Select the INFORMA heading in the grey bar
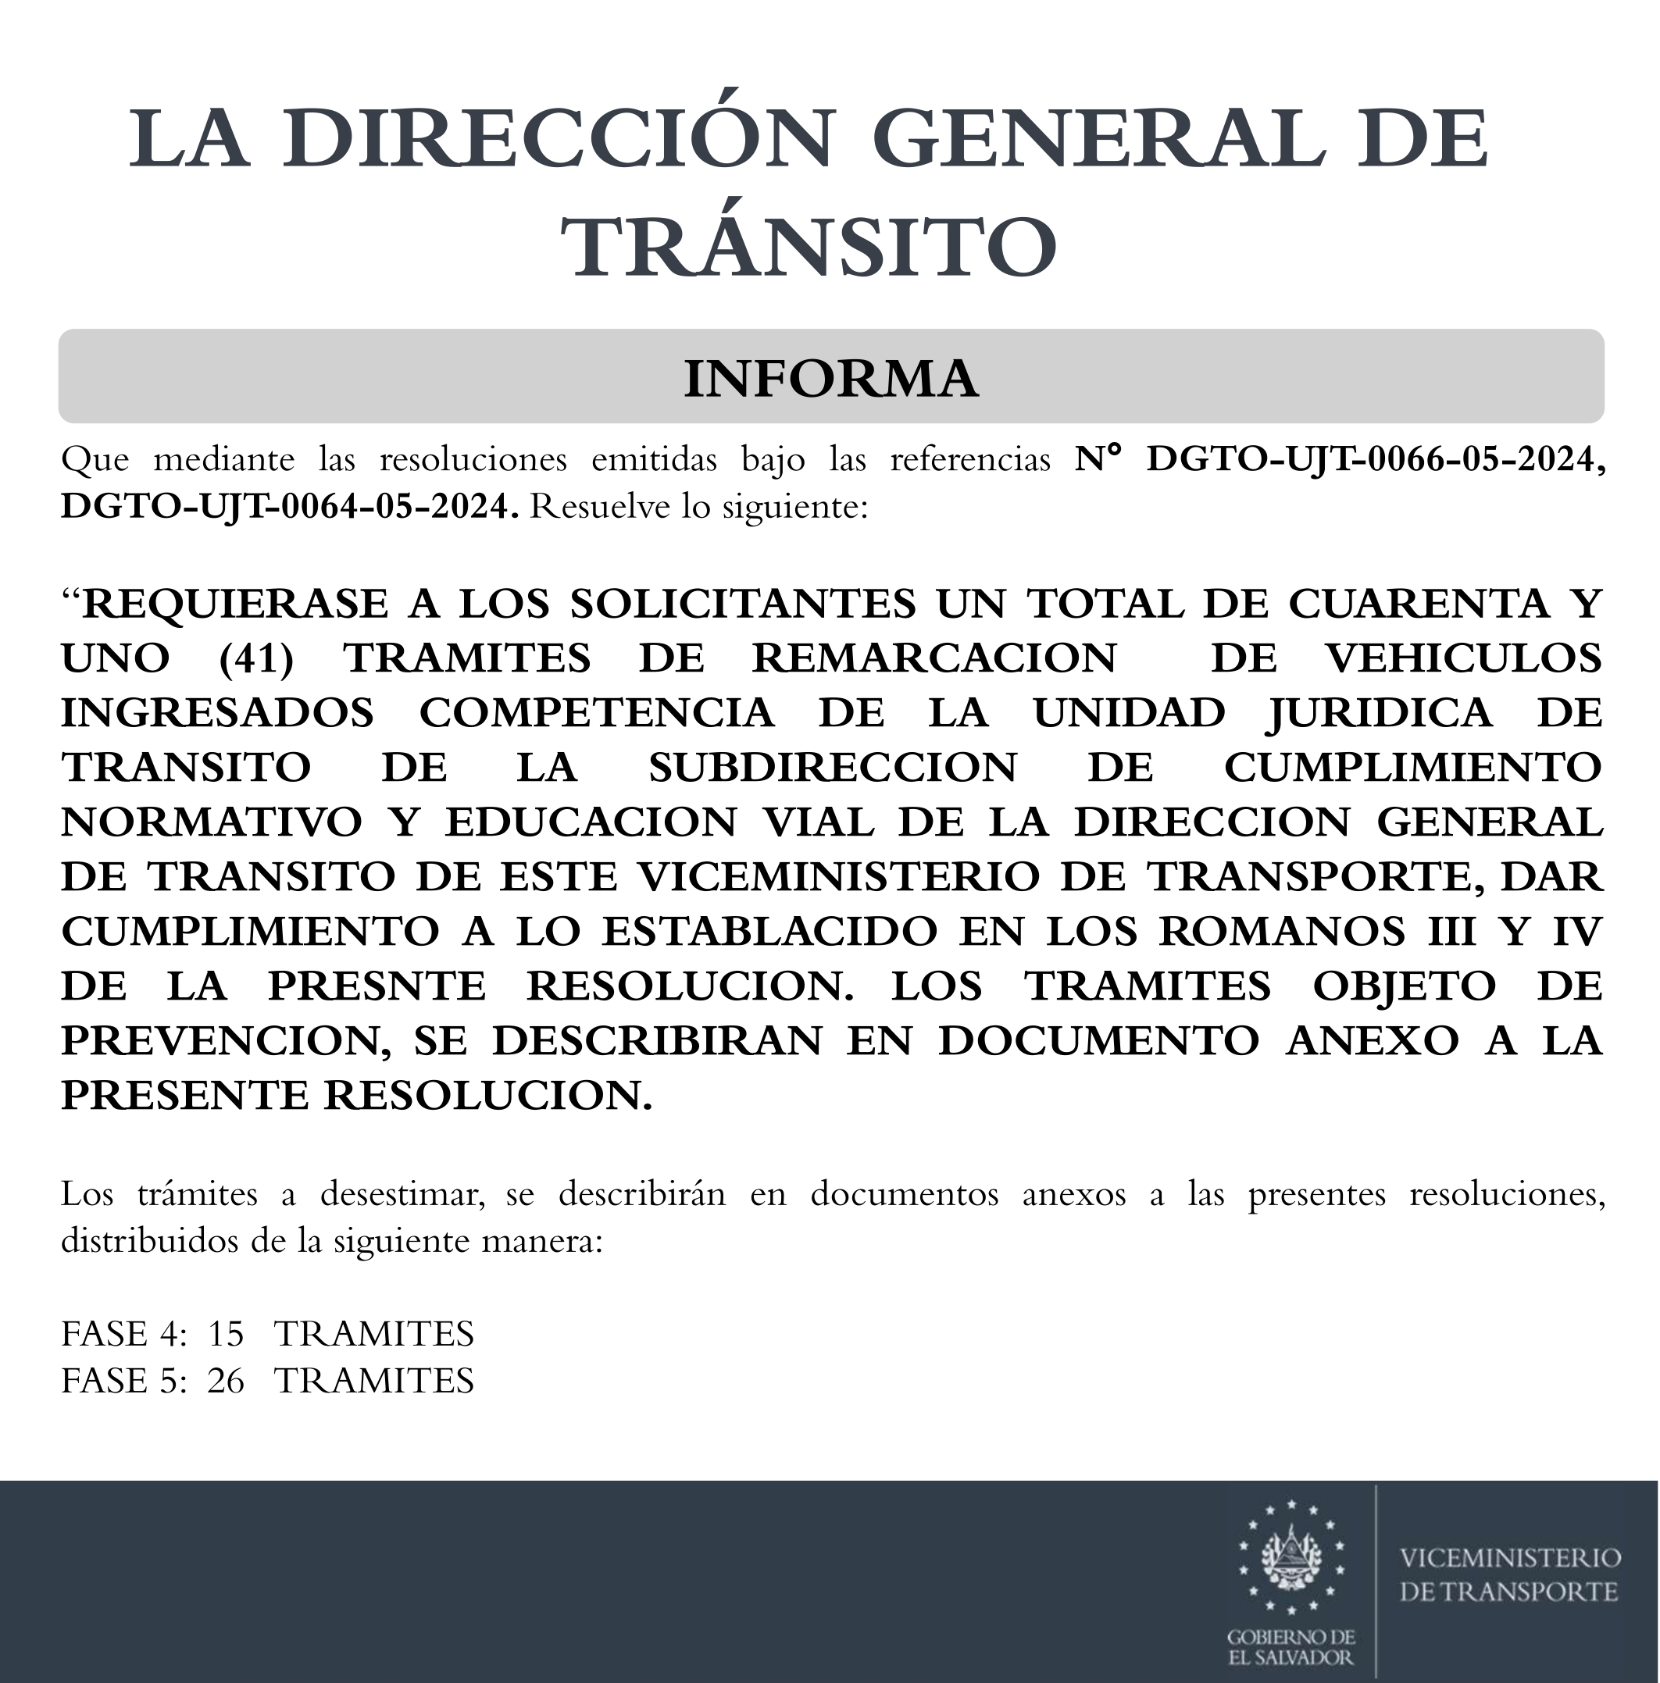click(x=830, y=378)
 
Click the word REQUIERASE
click(x=235, y=604)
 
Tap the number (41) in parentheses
click(x=256, y=658)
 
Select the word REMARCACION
click(x=934, y=658)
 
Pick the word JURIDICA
click(x=1380, y=712)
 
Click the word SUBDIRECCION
click(x=832, y=768)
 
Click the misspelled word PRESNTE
click(x=377, y=986)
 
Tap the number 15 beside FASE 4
click(x=226, y=1334)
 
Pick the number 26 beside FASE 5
click(x=226, y=1381)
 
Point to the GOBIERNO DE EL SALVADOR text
click(x=1291, y=1647)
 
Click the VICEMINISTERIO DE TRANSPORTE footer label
click(x=1509, y=1575)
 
